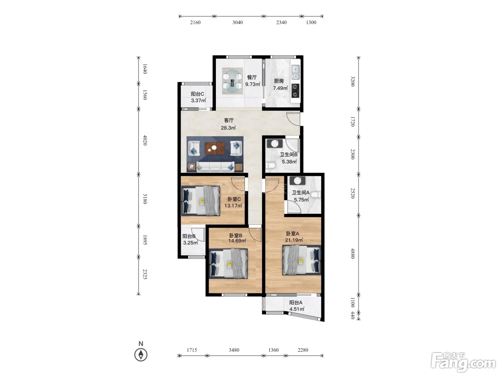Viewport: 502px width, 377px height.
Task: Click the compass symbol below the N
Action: pos(141,355)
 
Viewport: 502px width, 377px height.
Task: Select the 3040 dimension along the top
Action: pos(238,22)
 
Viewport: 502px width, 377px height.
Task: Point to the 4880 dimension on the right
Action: pos(352,253)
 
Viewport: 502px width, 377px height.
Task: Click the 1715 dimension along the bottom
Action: pos(191,350)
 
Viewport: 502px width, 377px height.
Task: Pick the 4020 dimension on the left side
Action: pos(145,140)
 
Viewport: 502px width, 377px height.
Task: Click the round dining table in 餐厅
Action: pos(232,81)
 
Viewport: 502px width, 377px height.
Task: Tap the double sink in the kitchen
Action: pos(295,72)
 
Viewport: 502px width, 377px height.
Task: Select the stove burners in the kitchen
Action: pos(295,90)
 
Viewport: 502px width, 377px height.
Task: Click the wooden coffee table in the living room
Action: pos(214,148)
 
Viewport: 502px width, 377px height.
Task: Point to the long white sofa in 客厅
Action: pos(216,167)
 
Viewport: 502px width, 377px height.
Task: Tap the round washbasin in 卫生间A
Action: pos(297,181)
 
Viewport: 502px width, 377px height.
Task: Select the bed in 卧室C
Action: pos(200,201)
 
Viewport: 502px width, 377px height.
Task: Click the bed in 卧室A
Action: pos(302,260)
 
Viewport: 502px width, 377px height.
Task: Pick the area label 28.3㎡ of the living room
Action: pos(228,128)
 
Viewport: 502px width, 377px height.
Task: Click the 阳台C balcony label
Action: pos(197,94)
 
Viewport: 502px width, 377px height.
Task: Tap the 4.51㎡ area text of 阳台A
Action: pos(297,309)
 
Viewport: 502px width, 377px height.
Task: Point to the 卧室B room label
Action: pos(236,236)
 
